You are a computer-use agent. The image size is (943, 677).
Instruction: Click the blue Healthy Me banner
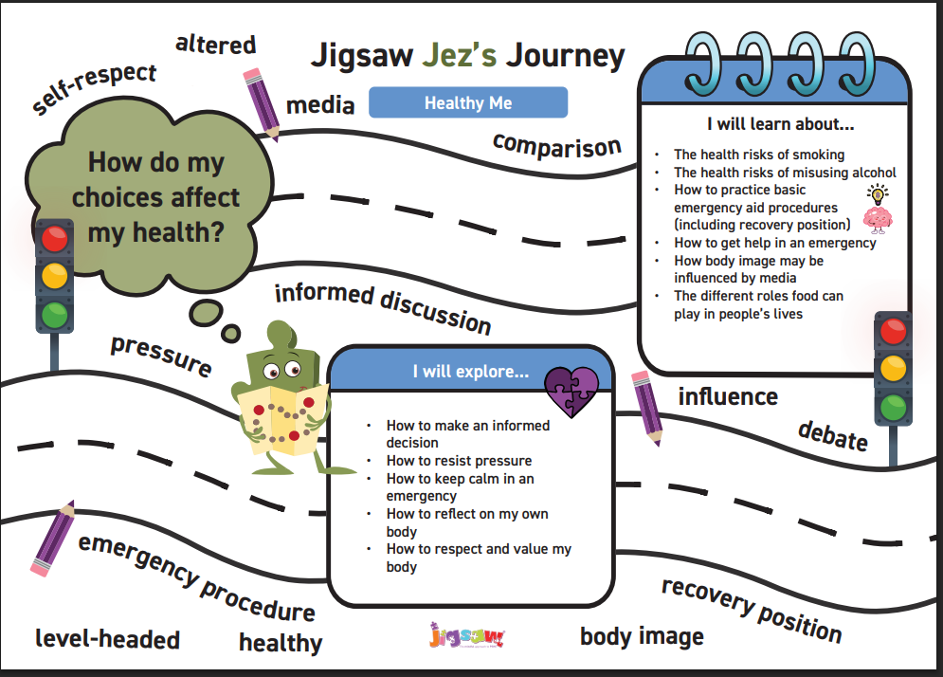pos(468,102)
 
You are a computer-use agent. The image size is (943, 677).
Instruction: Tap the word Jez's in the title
pos(460,55)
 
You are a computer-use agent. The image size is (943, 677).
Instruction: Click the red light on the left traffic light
pos(55,239)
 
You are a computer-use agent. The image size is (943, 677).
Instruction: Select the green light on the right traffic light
pos(893,408)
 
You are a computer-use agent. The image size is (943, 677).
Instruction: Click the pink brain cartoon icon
pos(878,220)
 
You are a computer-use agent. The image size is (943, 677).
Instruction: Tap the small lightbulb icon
pos(878,193)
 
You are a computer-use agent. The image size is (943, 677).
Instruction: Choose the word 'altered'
pos(215,45)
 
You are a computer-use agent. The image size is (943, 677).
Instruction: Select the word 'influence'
pos(728,396)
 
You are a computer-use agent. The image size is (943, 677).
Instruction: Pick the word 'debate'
pos(833,435)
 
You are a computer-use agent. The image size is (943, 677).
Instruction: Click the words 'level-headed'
pos(108,639)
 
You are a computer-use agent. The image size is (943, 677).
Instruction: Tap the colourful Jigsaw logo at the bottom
pos(466,635)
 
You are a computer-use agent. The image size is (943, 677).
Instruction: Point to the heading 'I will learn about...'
pos(781,124)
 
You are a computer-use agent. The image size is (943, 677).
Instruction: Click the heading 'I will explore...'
pos(471,372)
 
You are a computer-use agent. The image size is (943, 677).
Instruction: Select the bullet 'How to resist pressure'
pos(459,461)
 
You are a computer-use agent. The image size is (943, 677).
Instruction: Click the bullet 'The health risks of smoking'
pos(759,155)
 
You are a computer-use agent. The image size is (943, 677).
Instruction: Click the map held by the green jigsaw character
pos(282,419)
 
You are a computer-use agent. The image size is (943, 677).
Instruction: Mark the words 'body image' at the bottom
pos(642,636)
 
